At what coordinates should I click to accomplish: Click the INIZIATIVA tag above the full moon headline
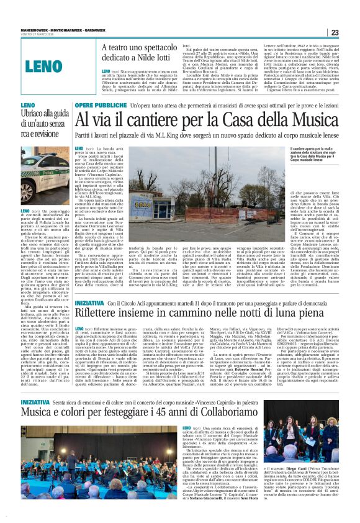click(89, 302)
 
